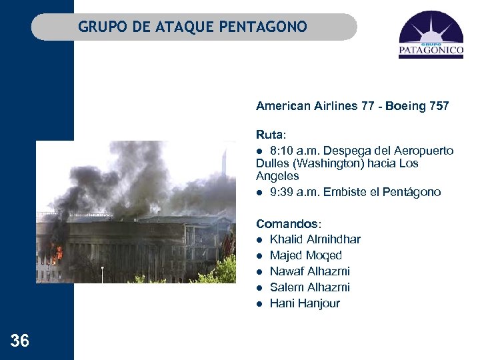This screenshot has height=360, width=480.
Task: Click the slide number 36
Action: click(20, 341)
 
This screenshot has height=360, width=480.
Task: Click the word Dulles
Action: click(273, 163)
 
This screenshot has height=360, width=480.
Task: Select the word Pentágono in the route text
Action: click(413, 192)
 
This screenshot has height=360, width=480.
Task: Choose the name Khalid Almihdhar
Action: click(315, 239)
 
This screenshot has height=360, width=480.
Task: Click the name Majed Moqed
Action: click(306, 255)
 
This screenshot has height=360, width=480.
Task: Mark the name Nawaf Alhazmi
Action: click(310, 271)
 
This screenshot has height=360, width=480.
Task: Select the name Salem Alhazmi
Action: click(310, 287)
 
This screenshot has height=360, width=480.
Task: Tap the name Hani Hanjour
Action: click(305, 303)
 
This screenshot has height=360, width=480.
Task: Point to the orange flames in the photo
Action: click(58, 253)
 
